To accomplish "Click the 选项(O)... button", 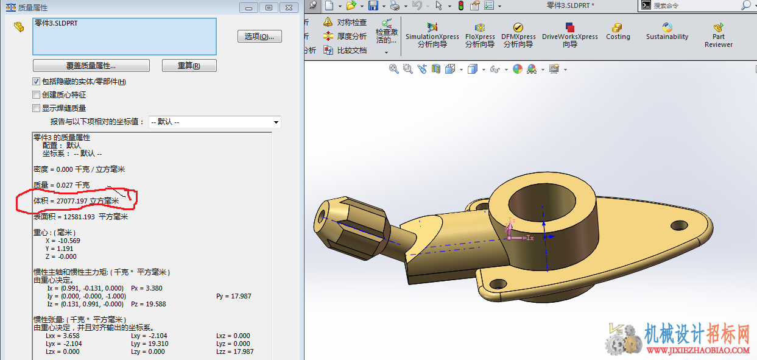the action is pyautogui.click(x=259, y=36).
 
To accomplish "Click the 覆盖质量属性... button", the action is pyautogui.click(x=91, y=66).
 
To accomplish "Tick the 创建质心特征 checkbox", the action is pyautogui.click(x=36, y=94).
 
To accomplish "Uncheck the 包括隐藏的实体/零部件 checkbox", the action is pyautogui.click(x=36, y=82).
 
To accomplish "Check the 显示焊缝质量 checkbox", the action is pyautogui.click(x=36, y=108).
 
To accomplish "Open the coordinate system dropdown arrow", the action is pyautogui.click(x=276, y=122).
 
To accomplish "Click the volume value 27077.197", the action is pyautogui.click(x=72, y=201).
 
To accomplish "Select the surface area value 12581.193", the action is pyautogui.click(x=79, y=217).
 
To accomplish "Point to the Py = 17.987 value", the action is pyautogui.click(x=233, y=296).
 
